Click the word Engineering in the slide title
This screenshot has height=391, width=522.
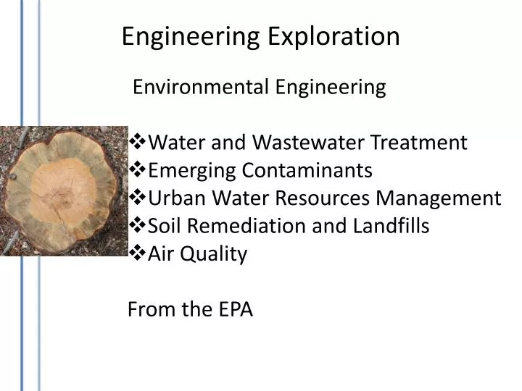click(x=191, y=36)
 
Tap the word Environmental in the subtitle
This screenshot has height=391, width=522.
click(x=190, y=88)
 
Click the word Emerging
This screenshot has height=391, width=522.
click(x=191, y=171)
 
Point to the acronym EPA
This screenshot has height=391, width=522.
click(x=234, y=310)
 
